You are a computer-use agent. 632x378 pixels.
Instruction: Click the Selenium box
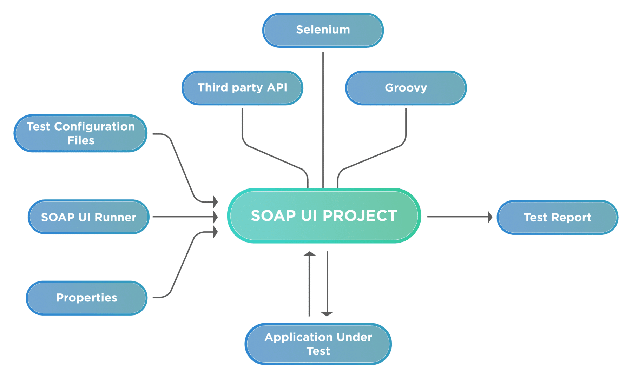tap(323, 30)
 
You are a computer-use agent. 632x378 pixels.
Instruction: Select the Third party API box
tap(242, 88)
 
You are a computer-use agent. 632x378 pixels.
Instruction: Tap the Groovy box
tap(406, 88)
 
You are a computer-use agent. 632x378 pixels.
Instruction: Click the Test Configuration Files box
tap(80, 133)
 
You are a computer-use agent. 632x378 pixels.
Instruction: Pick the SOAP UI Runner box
tap(88, 217)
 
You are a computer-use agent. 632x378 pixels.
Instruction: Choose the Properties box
tap(86, 298)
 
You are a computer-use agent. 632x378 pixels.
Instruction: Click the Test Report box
tap(557, 217)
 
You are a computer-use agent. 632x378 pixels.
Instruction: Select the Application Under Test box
tap(318, 344)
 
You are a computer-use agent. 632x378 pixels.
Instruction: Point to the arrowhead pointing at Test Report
tap(490, 217)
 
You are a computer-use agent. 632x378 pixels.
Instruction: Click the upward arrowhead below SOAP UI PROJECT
tap(309, 254)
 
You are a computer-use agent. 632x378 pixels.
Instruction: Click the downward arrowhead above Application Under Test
tap(327, 313)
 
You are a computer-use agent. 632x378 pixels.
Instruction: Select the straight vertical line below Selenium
tap(323, 119)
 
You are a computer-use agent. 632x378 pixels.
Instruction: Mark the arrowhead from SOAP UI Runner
tap(215, 217)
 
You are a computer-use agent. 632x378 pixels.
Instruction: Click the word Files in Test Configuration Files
tap(80, 140)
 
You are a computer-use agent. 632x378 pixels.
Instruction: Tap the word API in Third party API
tap(277, 87)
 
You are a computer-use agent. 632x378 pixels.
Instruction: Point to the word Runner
tap(115, 218)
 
